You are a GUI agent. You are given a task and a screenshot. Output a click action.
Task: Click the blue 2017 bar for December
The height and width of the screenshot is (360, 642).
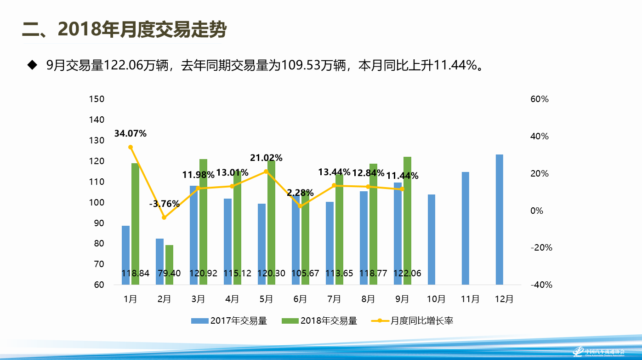tap(500, 219)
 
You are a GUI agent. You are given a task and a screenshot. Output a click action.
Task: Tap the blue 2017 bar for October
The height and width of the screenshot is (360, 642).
tap(432, 239)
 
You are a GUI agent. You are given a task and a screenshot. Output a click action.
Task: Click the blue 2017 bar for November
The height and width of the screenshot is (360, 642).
tap(466, 228)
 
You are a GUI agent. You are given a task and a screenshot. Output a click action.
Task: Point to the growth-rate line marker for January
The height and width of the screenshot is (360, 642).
tap(131, 147)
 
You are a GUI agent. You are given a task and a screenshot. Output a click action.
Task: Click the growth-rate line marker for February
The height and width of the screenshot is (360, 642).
tap(164, 217)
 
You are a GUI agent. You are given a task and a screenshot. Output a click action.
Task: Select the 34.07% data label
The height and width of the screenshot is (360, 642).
tap(131, 134)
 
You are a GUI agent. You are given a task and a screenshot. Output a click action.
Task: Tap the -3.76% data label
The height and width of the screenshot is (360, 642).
tap(164, 204)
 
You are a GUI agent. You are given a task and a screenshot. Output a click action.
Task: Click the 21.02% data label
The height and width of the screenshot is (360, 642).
tap(266, 158)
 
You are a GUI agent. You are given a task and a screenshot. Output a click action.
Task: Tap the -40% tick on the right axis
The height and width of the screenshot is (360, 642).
tap(541, 285)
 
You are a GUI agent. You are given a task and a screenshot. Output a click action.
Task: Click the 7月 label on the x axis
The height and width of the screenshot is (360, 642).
tap(334, 299)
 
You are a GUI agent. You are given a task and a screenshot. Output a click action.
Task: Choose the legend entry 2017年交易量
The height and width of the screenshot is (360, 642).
tap(229, 321)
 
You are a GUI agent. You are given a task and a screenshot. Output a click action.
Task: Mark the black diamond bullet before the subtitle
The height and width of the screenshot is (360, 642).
tap(32, 65)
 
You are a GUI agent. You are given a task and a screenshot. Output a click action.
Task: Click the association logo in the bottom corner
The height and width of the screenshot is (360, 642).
tap(597, 352)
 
